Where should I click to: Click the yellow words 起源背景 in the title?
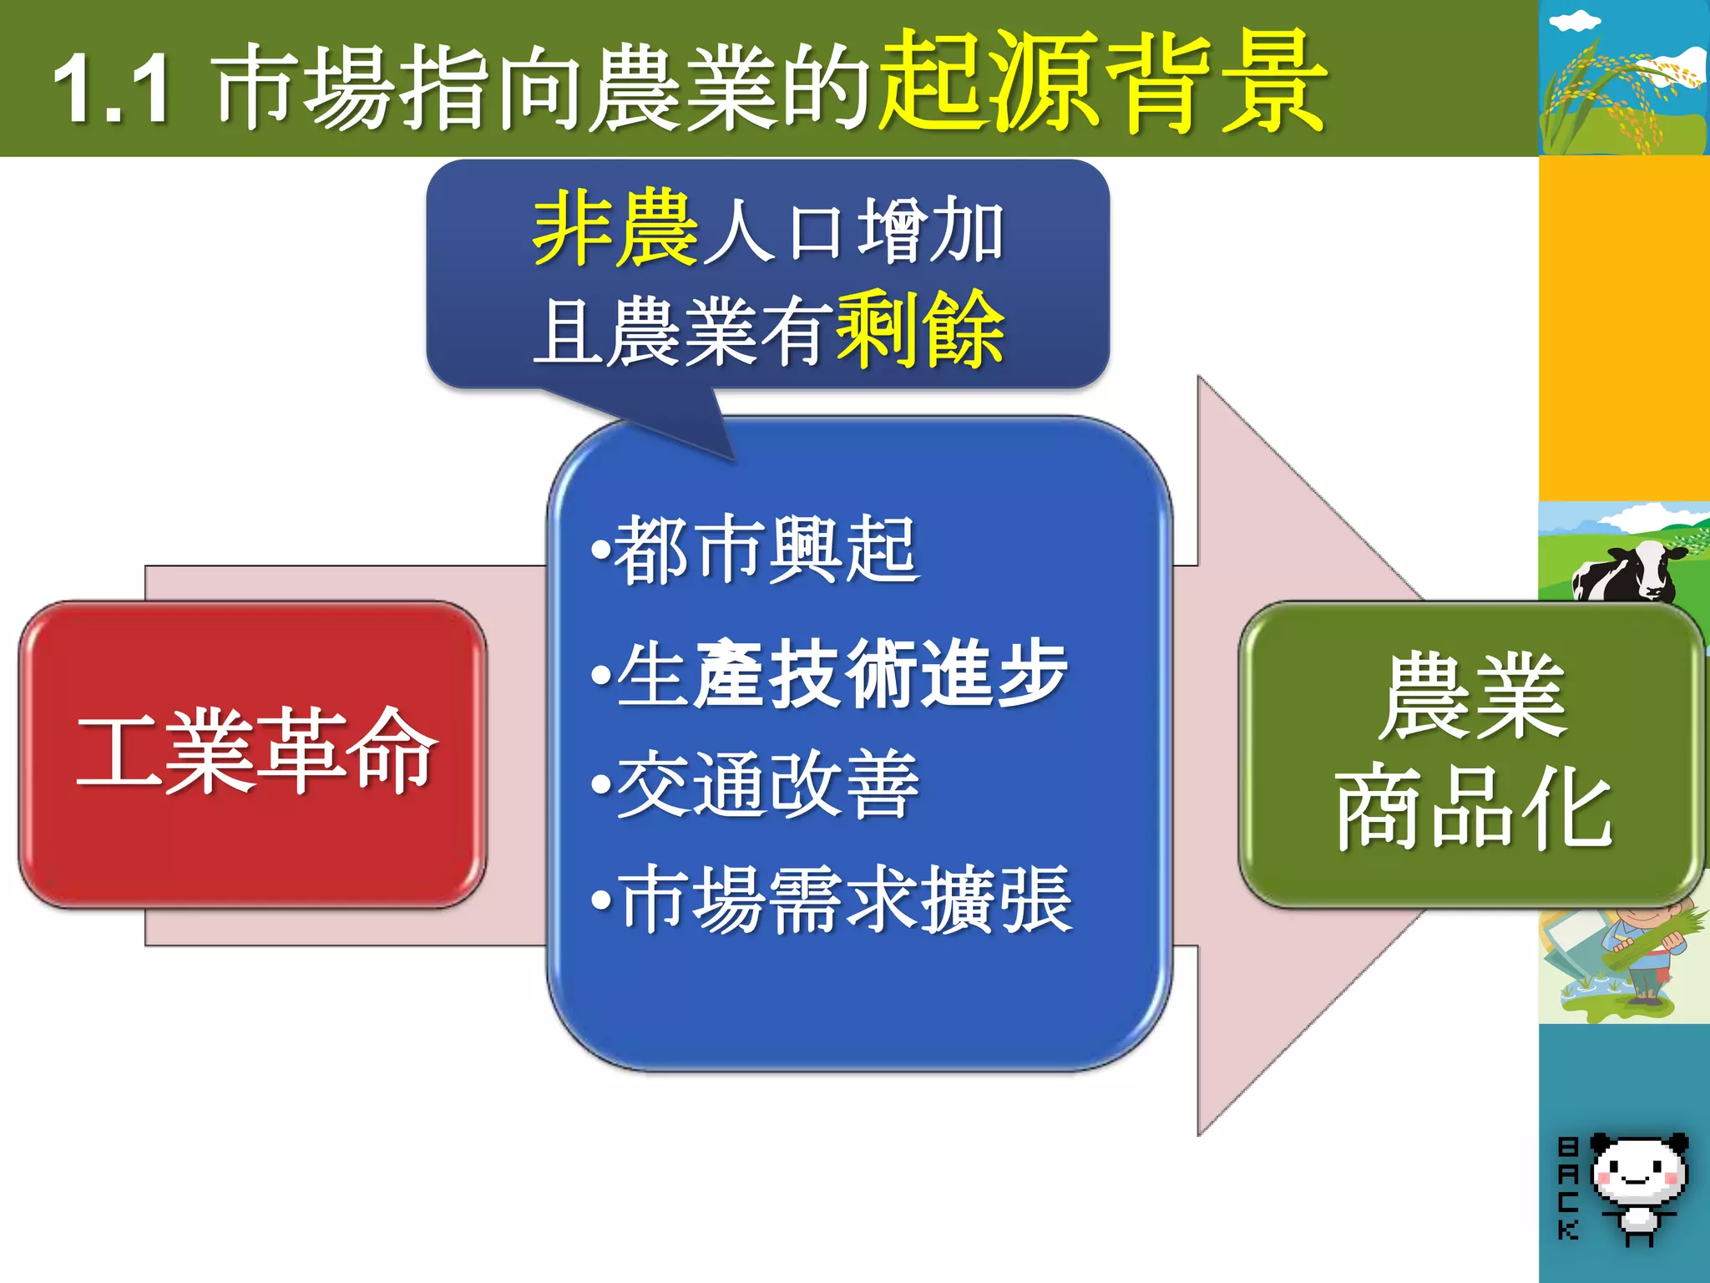[x=1102, y=82]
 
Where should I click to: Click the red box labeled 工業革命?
[x=252, y=753]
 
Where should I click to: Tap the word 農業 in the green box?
[x=1471, y=697]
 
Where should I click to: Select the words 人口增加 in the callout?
[x=852, y=231]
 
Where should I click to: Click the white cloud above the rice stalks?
[x=1575, y=22]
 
